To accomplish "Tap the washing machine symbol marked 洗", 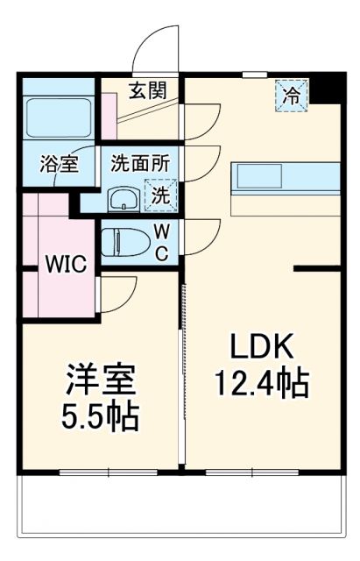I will pos(159,195).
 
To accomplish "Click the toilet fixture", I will pos(127,240).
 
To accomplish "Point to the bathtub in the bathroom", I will pos(59,117).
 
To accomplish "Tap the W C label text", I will pos(164,242).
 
